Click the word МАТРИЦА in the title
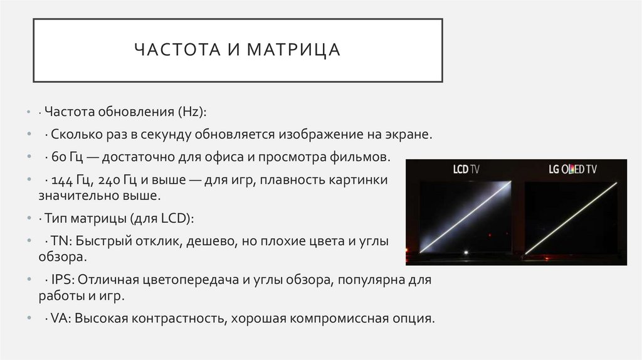pyautogui.click(x=293, y=50)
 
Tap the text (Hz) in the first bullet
pyautogui.click(x=192, y=112)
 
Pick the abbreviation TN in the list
pyautogui.click(x=59, y=241)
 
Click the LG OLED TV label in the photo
pyautogui.click(x=569, y=169)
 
